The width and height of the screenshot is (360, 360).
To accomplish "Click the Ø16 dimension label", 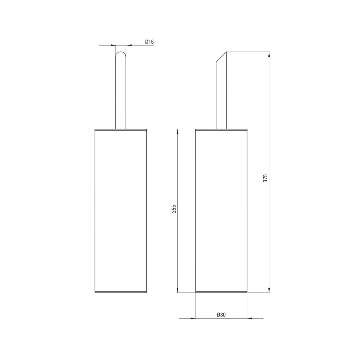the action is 149,42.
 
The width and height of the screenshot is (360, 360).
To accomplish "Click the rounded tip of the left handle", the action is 121,52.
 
